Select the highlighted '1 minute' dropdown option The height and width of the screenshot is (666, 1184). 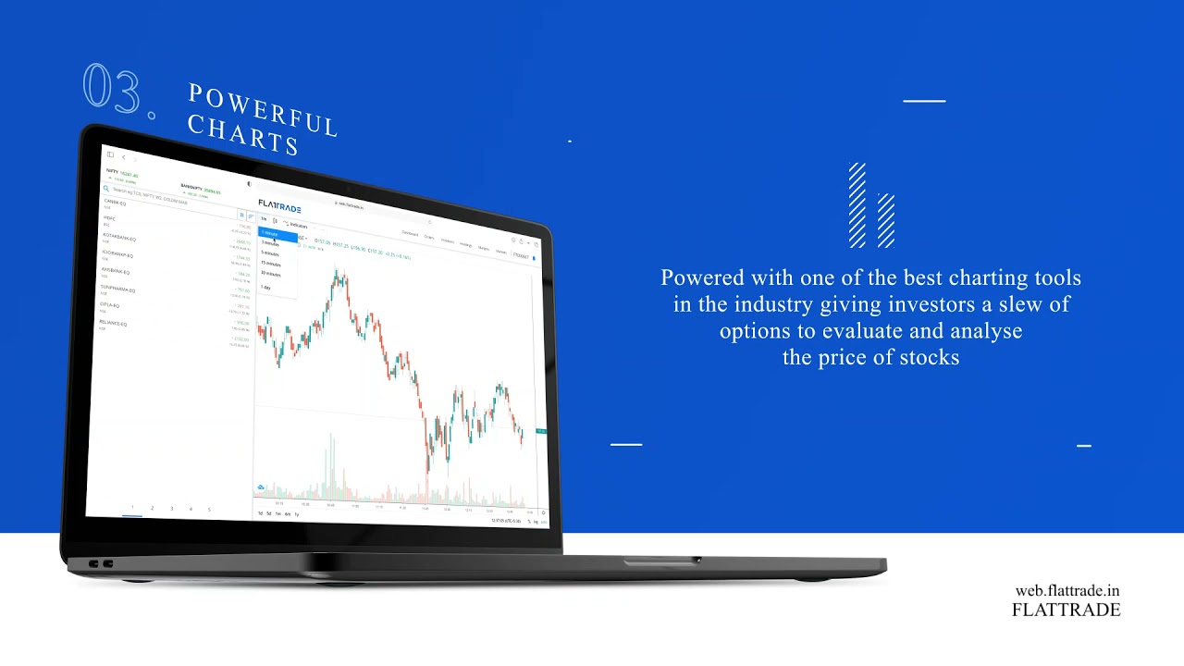269,234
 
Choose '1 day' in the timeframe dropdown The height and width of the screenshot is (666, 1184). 265,287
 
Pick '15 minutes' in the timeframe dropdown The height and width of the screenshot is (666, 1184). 270,264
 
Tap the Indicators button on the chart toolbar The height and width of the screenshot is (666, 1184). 297,225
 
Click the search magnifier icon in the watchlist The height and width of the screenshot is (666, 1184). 106,189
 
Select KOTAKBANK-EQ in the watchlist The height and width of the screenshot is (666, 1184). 119,237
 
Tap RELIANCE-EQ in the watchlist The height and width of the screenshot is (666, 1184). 114,324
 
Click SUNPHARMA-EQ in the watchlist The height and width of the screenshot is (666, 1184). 117,290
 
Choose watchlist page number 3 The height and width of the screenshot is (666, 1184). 171,508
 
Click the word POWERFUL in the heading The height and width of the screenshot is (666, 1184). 264,110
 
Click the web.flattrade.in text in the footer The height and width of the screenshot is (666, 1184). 1067,591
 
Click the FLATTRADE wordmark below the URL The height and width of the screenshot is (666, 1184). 1066,610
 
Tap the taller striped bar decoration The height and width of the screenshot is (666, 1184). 857,205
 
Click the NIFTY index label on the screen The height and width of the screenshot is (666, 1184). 112,171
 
